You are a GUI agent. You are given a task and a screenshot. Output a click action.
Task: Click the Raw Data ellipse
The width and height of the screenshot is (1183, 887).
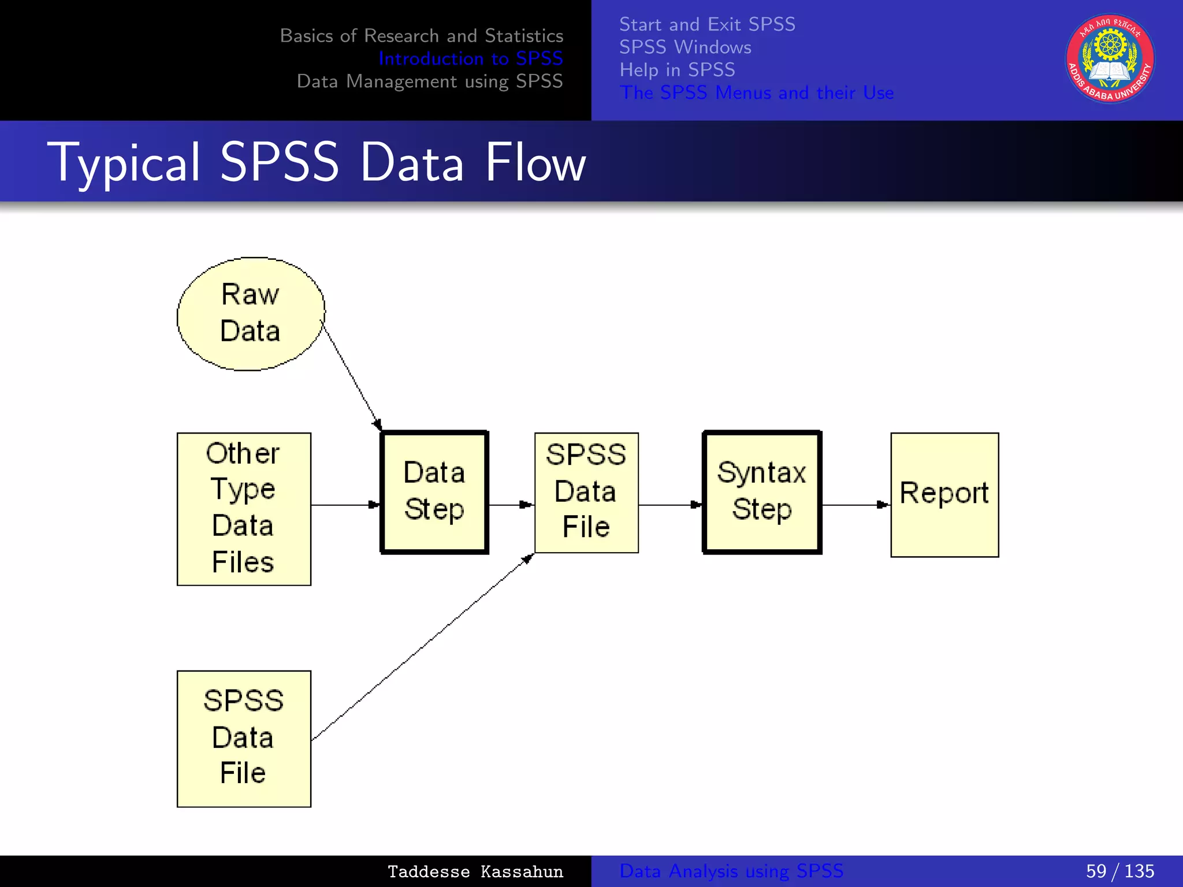pos(251,314)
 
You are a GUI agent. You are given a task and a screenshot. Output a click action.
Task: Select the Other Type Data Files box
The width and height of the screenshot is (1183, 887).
pos(244,509)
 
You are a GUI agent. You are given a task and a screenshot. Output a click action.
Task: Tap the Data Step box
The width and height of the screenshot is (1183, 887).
pos(434,492)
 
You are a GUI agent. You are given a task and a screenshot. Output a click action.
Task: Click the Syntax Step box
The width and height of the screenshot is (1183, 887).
pos(762,492)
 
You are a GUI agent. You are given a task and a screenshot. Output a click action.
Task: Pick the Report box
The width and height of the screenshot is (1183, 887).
pos(944,495)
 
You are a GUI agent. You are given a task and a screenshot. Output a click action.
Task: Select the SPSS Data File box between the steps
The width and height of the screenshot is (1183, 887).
pos(586,492)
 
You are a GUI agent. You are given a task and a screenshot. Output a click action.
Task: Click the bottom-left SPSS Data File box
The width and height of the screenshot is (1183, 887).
pos(244,738)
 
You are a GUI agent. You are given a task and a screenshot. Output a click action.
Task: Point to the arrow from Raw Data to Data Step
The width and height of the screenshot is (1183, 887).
pos(351,376)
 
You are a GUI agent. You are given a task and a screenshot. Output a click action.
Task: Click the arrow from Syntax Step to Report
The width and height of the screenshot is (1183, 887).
pos(855,505)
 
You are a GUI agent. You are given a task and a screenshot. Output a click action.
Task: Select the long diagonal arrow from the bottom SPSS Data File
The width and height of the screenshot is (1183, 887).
pos(422,647)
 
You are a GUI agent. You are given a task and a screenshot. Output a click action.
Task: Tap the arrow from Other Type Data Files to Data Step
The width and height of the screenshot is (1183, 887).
pos(345,505)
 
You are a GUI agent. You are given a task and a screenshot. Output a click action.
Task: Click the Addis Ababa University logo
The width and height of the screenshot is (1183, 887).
pos(1110,59)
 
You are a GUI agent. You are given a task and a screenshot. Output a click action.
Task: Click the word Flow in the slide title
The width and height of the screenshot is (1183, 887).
pos(535,163)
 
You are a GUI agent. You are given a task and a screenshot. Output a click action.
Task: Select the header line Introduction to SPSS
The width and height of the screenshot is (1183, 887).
pos(470,58)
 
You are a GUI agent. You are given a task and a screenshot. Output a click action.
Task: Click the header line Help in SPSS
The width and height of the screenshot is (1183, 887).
pos(677,70)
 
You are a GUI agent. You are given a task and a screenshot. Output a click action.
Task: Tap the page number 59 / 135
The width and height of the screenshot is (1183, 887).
pos(1119,871)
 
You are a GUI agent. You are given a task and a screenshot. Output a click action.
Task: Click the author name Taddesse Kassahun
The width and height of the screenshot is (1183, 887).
pos(475,871)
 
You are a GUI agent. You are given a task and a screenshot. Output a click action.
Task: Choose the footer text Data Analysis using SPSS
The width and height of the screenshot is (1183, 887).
pos(731,871)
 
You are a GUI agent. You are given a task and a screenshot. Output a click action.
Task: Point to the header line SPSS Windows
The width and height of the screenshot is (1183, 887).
pos(685,47)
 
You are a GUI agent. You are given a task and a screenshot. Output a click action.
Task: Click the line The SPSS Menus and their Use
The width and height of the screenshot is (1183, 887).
pos(757,92)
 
